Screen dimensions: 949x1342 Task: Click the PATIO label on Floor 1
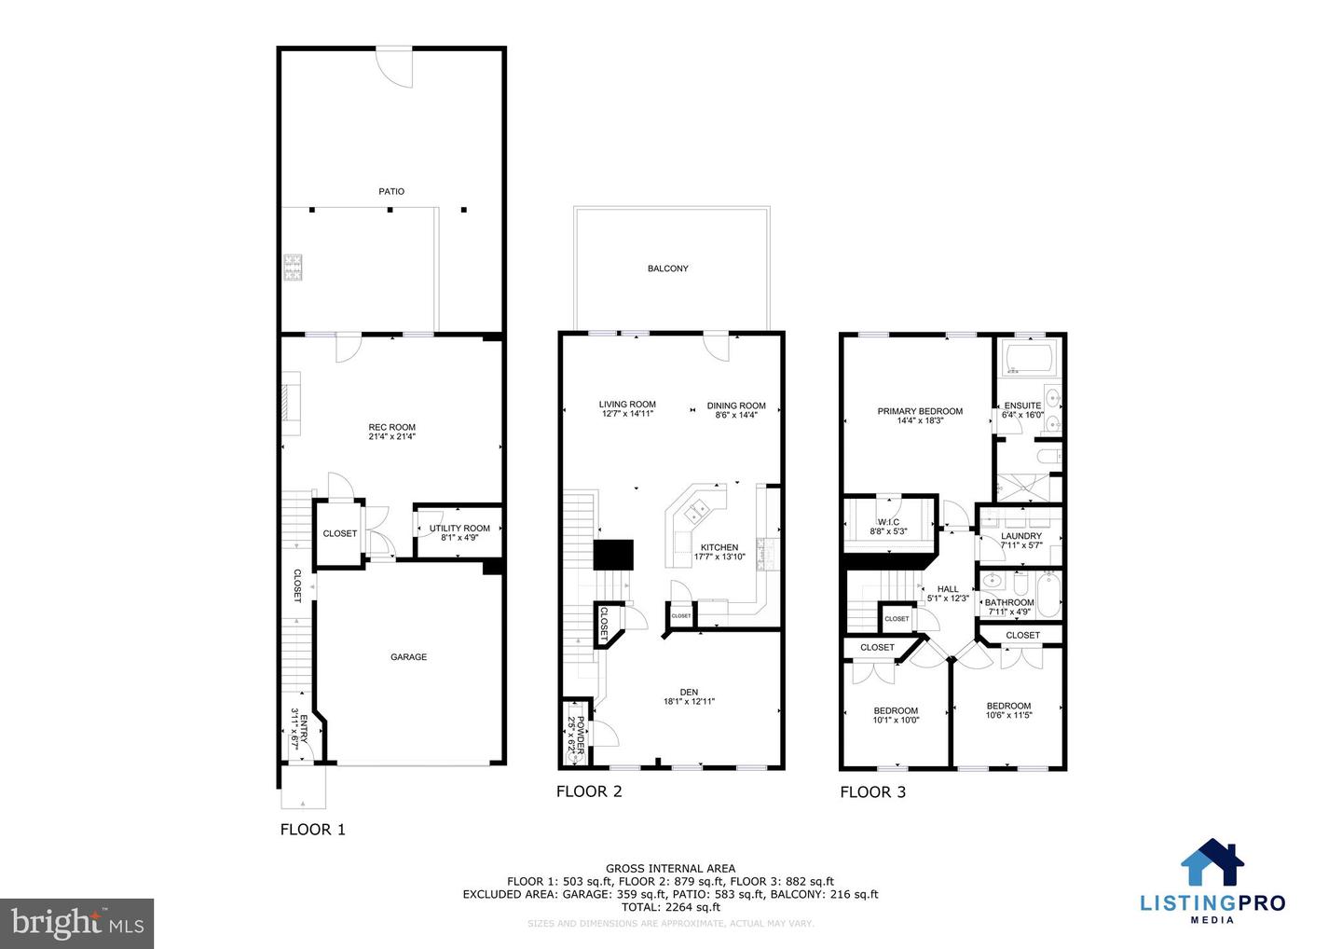coord(391,191)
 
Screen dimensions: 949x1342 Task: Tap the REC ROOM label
coord(391,428)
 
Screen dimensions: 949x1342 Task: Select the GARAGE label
coord(408,657)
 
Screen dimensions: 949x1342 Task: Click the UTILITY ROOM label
coord(459,529)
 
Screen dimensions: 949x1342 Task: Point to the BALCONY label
coord(668,268)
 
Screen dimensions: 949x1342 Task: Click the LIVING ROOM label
coord(627,406)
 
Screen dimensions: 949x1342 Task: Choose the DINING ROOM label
coord(736,406)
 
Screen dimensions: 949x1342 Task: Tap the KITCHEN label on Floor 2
coord(719,548)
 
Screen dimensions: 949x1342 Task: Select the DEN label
coord(689,693)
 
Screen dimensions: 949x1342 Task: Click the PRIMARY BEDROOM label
coord(920,411)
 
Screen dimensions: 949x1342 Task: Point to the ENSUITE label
coord(1022,406)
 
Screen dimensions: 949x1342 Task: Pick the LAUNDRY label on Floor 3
coord(1021,536)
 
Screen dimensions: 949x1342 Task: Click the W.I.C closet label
coord(888,522)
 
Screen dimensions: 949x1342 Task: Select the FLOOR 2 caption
coord(589,791)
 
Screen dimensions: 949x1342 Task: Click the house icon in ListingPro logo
coord(1212,862)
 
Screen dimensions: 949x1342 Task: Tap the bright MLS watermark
coord(77,923)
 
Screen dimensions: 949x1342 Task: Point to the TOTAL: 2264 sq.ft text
coord(670,907)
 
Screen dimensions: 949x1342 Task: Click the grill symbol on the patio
coord(294,268)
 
